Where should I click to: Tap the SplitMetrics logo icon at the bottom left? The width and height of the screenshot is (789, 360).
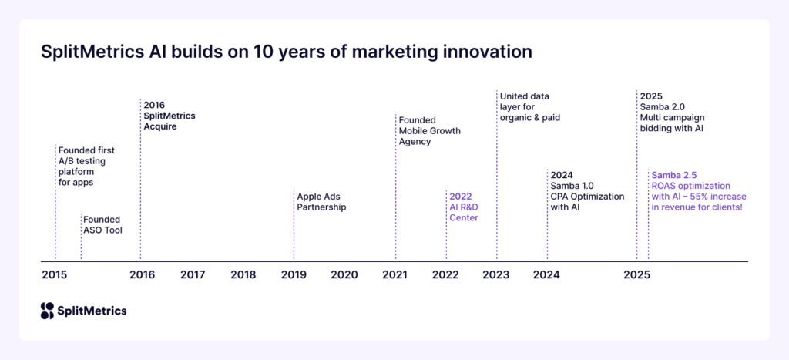point(48,311)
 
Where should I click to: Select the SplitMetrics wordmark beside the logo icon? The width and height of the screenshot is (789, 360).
point(92,311)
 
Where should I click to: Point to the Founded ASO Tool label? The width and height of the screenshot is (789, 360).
point(102,224)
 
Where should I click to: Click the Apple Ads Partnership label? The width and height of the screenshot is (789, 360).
point(321,201)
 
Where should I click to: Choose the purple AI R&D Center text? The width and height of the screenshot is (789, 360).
point(464,212)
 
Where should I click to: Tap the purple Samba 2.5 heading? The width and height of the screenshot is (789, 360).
point(674,175)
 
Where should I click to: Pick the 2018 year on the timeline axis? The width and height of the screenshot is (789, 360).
point(243,274)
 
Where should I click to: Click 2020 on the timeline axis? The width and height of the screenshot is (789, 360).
point(344,274)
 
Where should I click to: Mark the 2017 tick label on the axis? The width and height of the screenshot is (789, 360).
point(192,274)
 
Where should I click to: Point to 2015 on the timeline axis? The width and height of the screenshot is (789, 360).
point(54,274)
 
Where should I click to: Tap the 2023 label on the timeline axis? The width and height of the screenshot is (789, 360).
point(495,274)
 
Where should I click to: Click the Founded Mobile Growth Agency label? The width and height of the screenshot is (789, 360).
point(429,131)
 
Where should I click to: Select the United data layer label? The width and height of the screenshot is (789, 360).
point(529,106)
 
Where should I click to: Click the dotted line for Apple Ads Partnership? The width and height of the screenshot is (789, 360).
point(294,231)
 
